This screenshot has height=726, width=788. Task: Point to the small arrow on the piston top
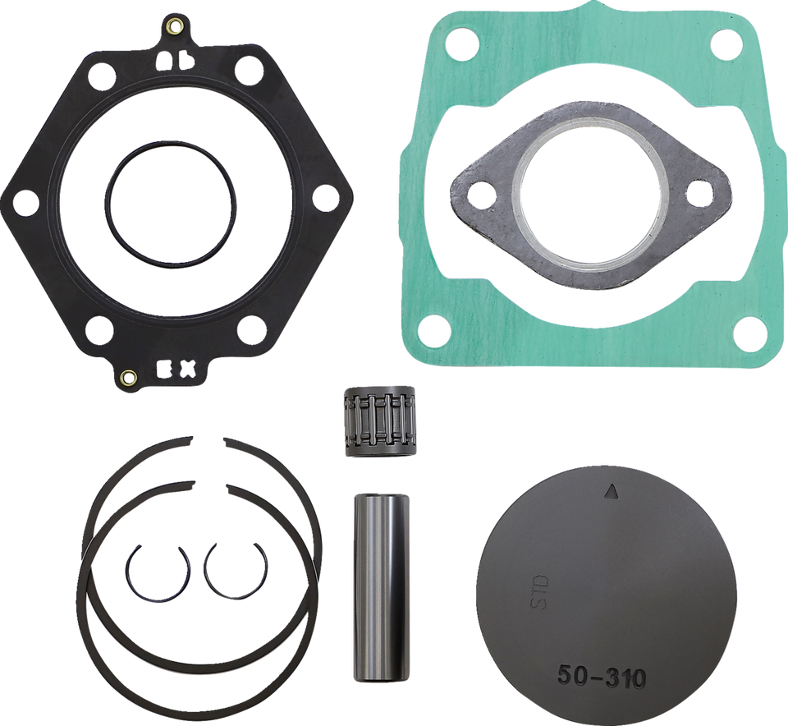pos(610,492)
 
